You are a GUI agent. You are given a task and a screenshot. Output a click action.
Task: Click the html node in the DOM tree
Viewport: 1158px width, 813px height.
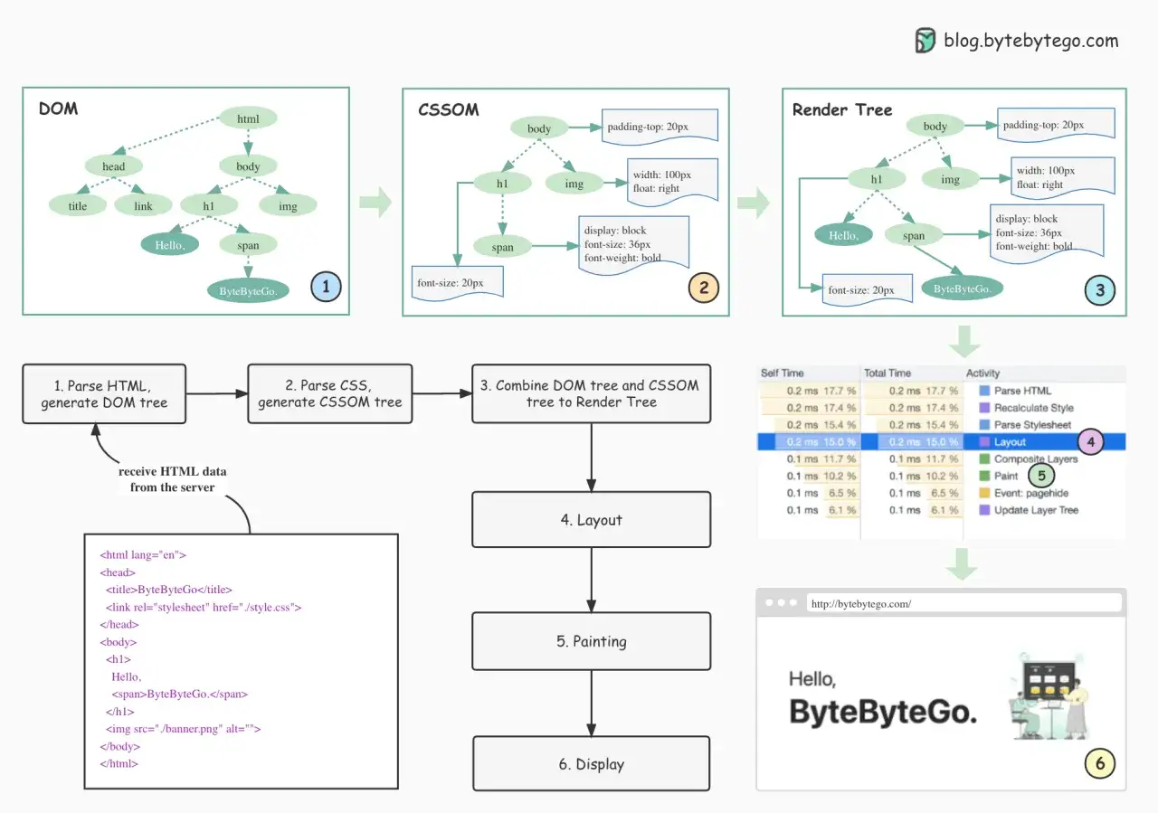248,118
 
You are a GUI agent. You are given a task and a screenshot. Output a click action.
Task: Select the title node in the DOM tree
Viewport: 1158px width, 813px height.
78,205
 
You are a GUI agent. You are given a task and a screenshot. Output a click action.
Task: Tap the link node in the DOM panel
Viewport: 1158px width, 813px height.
143,205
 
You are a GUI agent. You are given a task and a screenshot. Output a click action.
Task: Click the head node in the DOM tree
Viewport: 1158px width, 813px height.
113,165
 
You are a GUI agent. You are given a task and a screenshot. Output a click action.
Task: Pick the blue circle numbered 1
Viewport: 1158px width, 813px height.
326,287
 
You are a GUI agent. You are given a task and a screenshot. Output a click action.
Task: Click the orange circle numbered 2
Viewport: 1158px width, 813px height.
704,288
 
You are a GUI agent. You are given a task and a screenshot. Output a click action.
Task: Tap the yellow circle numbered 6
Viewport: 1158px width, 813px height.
1099,763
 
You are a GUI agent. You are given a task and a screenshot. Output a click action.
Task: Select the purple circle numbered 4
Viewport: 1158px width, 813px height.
1091,442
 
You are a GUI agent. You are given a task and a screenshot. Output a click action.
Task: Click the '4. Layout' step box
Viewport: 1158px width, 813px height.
592,519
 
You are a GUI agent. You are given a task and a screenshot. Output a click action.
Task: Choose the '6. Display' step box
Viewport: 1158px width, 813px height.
592,763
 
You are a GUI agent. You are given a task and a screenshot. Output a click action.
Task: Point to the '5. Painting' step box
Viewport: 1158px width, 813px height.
592,641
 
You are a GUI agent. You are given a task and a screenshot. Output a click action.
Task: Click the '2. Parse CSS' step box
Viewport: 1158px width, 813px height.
330,393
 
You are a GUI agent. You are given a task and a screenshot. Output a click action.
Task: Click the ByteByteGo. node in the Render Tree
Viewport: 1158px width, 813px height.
962,288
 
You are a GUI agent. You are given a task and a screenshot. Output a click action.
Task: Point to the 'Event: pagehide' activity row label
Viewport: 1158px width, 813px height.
1030,493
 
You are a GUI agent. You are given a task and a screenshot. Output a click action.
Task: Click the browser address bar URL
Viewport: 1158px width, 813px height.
861,604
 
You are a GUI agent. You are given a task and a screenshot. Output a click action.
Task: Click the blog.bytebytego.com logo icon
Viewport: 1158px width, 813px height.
925,41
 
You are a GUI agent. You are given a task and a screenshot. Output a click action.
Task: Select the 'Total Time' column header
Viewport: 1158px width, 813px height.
887,373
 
